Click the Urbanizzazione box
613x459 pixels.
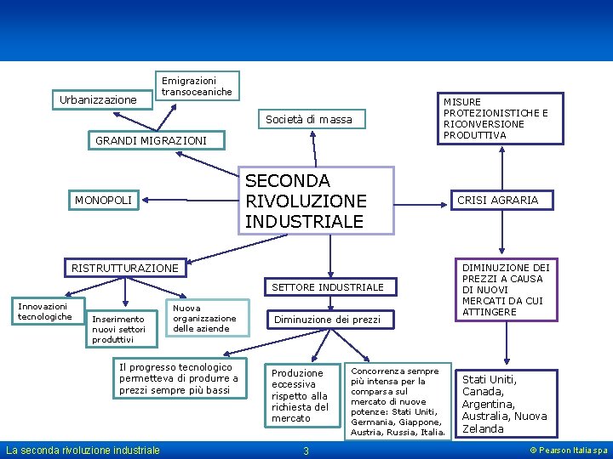98,99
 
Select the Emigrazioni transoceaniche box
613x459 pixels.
197,86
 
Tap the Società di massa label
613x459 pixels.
308,119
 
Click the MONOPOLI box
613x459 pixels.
104,201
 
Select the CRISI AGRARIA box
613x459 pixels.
498,201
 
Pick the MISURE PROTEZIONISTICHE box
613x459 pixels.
499,118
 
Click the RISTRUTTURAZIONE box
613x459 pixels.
125,269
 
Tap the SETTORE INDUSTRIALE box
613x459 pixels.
328,287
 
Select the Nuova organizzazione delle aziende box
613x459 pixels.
204,318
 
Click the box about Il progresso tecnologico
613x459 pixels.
179,378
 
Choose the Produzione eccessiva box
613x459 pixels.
299,395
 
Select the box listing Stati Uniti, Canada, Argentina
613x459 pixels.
507,404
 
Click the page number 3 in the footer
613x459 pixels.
306,450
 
